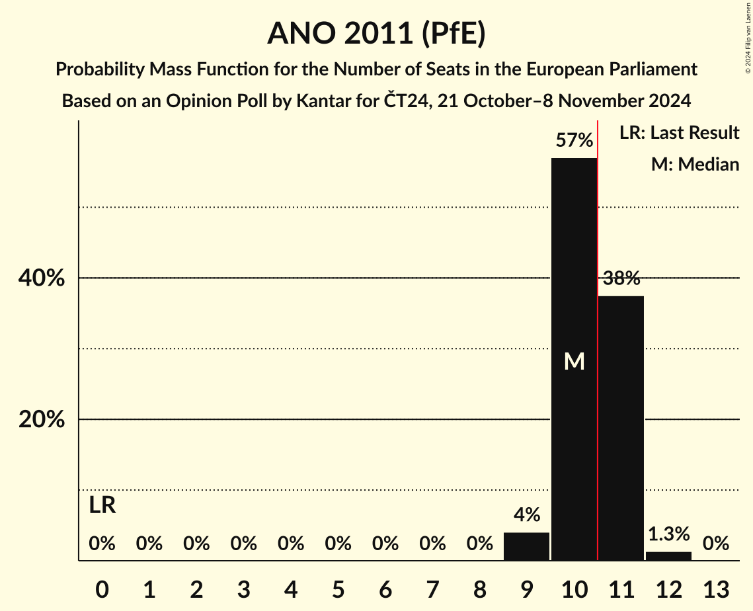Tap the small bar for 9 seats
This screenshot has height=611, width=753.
(x=526, y=546)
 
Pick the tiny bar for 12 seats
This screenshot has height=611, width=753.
(x=668, y=556)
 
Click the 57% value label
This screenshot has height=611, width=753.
(x=574, y=140)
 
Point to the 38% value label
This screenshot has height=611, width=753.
(x=621, y=278)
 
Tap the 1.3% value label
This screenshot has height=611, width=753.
(x=668, y=534)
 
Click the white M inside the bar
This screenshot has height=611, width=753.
(x=574, y=362)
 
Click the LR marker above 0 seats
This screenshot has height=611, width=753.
(x=102, y=506)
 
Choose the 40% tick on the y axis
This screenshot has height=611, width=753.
(x=42, y=278)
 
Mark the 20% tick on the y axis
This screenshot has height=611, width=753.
(x=42, y=420)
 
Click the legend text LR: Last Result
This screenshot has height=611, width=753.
(x=679, y=133)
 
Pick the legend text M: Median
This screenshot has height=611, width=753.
(x=695, y=164)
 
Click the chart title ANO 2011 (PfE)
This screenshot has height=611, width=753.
(x=376, y=33)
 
